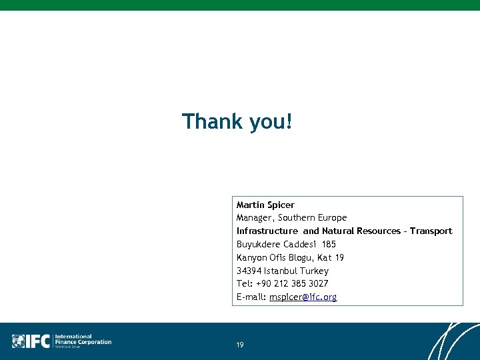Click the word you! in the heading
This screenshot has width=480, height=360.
pyautogui.click(x=270, y=123)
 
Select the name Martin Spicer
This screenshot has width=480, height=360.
pyautogui.click(x=265, y=205)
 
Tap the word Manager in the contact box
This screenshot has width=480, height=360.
pyautogui.click(x=254, y=218)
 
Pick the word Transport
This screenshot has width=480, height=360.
pyautogui.click(x=431, y=231)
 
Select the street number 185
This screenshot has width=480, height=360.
pyautogui.click(x=329, y=245)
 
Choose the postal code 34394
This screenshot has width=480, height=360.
pyautogui.click(x=249, y=271)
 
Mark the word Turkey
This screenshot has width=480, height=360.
pyautogui.click(x=314, y=271)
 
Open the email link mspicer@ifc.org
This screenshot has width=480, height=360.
pyautogui.click(x=303, y=297)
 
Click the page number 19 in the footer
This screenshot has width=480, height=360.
pyautogui.click(x=240, y=345)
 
